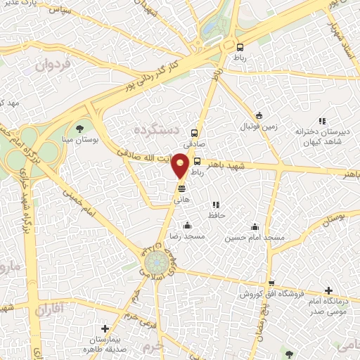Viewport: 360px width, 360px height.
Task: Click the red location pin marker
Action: click(x=181, y=165)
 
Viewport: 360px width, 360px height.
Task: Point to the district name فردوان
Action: click(x=53, y=67)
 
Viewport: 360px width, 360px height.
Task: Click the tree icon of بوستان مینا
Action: click(x=78, y=128)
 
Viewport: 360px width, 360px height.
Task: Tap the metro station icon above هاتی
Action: click(x=181, y=188)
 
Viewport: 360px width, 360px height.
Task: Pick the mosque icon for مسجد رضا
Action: click(x=187, y=226)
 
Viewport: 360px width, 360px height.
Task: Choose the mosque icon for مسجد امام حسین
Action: click(x=255, y=226)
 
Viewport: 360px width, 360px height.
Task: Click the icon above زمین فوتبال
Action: click(x=259, y=116)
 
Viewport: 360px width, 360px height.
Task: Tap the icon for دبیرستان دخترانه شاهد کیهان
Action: click(x=322, y=121)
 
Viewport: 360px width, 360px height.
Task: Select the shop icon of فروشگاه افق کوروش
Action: click(x=270, y=283)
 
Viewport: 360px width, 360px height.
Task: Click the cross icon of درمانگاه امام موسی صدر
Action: click(x=328, y=290)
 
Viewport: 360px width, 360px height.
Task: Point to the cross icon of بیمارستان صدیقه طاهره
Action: click(x=105, y=328)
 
